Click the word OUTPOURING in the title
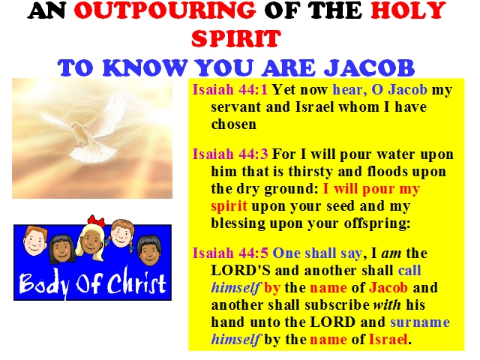165,10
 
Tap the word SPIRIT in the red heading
236,38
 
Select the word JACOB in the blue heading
369,67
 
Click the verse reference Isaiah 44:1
230,89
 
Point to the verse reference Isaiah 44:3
230,154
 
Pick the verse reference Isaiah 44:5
230,253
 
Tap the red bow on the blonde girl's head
96,220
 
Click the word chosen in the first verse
233,124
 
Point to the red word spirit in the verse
229,206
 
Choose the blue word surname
420,322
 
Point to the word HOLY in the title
408,10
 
